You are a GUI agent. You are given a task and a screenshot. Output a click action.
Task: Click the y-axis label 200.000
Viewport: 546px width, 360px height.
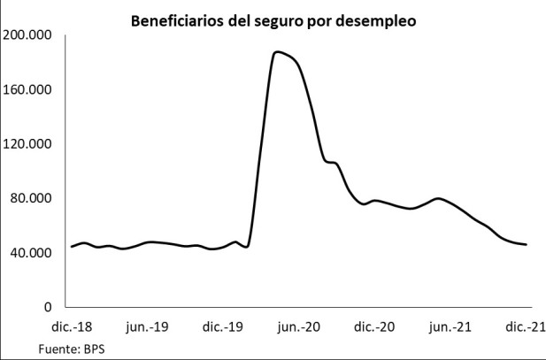pyautogui.click(x=28, y=35)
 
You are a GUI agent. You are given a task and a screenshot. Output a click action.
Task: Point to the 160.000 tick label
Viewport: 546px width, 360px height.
pyautogui.click(x=28, y=89)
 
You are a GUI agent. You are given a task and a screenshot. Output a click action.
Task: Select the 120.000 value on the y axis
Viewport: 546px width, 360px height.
pyautogui.click(x=28, y=144)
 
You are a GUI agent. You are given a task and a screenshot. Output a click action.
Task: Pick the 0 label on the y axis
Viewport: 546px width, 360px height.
pyautogui.click(x=50, y=307)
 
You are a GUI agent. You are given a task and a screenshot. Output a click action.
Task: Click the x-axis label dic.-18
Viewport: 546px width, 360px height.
pyautogui.click(x=71, y=327)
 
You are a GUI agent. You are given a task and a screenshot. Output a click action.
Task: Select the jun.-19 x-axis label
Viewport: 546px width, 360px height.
pyautogui.click(x=147, y=327)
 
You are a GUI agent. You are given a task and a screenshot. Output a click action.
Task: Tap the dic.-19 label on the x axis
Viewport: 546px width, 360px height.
pyautogui.click(x=223, y=327)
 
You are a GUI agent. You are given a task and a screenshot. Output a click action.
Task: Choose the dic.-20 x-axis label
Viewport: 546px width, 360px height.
pyautogui.click(x=375, y=327)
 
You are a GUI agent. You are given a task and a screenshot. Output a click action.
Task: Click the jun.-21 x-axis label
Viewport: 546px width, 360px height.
pyautogui.click(x=451, y=327)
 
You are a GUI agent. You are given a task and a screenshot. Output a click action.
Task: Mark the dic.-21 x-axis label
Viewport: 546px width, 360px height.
pyautogui.click(x=526, y=327)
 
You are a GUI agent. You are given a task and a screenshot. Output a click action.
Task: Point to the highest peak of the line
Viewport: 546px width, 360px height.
pyautogui.click(x=277, y=52)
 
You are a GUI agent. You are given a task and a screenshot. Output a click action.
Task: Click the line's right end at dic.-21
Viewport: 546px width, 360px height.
pyautogui.click(x=526, y=244)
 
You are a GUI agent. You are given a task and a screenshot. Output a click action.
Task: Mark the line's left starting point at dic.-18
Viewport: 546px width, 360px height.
pyautogui.click(x=72, y=247)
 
